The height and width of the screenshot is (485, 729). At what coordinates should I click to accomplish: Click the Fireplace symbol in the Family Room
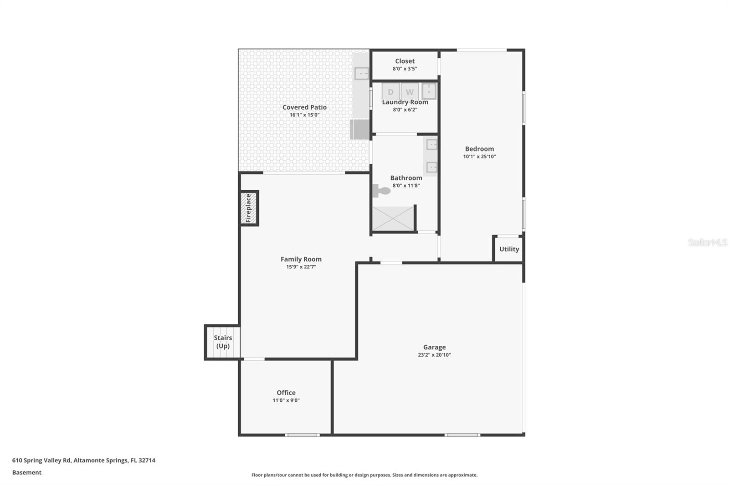click(249, 208)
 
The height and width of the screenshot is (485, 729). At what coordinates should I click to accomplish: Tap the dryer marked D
click(390, 91)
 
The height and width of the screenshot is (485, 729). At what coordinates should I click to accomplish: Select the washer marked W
click(410, 91)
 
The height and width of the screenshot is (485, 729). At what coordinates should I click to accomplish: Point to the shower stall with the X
click(393, 218)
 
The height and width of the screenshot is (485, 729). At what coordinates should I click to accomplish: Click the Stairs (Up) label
click(223, 342)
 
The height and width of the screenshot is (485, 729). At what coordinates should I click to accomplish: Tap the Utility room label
click(509, 249)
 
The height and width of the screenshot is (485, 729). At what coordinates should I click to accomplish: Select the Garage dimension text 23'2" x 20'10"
click(434, 355)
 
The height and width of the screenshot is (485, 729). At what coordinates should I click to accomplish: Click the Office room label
click(286, 393)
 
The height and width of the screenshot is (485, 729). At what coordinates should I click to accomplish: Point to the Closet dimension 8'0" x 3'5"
click(405, 69)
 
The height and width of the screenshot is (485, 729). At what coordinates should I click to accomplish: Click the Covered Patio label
click(304, 107)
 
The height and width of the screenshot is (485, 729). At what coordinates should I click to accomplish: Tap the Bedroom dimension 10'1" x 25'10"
click(479, 157)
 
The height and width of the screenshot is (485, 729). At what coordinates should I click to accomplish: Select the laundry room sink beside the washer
click(429, 91)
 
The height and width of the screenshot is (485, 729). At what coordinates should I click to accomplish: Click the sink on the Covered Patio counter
click(361, 73)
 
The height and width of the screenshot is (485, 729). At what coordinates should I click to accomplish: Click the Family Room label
click(301, 259)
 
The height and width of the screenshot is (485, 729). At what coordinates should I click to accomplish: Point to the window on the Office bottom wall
click(303, 435)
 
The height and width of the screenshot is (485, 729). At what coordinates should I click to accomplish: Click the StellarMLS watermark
click(707, 242)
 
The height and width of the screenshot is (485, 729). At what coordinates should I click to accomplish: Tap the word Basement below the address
click(27, 472)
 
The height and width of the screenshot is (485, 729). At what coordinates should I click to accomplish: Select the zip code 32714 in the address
click(147, 460)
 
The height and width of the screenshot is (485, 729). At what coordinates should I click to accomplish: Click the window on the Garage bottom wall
click(462, 435)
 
